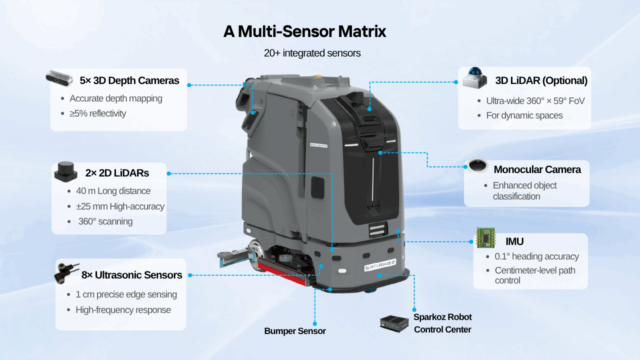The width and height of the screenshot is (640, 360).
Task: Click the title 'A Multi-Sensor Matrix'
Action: tap(304, 31)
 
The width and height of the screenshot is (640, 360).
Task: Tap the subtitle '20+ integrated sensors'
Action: tap(312, 53)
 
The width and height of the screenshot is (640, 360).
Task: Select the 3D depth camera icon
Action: tap(59, 77)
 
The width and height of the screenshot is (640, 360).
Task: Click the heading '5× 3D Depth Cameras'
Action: tap(129, 80)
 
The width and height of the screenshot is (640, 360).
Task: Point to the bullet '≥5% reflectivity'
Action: tap(97, 113)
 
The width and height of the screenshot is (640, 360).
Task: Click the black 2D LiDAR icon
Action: tap(65, 172)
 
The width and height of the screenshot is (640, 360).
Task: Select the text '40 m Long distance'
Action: tap(113, 191)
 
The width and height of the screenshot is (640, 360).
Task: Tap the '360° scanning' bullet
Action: tap(105, 221)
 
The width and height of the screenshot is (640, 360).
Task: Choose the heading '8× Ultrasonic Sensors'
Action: tap(131, 275)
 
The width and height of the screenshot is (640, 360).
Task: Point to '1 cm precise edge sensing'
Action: tap(126, 294)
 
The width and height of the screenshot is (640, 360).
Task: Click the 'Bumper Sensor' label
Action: tap(294, 331)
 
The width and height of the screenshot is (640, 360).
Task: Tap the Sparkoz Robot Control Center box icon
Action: tap(394, 323)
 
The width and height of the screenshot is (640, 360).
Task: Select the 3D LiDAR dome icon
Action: tap(474, 78)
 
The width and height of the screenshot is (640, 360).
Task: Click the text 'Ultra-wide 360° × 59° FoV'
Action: tap(535, 101)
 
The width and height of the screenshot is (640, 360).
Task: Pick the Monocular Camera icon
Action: tap(476, 166)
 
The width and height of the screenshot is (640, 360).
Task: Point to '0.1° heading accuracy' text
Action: tap(536, 256)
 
